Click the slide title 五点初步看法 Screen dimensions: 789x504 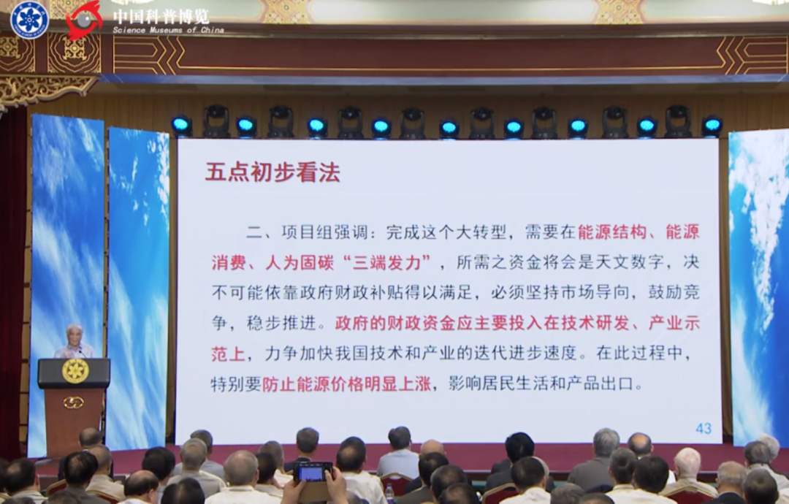click(x=272, y=172)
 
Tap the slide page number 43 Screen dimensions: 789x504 click(x=704, y=428)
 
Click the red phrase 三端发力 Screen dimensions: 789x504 click(x=386, y=262)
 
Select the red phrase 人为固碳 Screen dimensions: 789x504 click(x=300, y=262)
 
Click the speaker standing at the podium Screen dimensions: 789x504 click(x=75, y=342)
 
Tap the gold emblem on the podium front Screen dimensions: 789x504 click(x=75, y=371)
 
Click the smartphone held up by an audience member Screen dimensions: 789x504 click(x=313, y=471)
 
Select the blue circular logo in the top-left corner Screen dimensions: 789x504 click(x=30, y=20)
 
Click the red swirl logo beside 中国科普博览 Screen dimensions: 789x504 click(x=84, y=20)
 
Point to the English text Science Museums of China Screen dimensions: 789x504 click(x=169, y=30)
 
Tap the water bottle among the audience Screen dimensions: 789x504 click(x=389, y=494)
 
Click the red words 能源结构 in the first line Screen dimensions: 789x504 click(x=612, y=232)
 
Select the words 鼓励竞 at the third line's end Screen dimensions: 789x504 click(x=674, y=292)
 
